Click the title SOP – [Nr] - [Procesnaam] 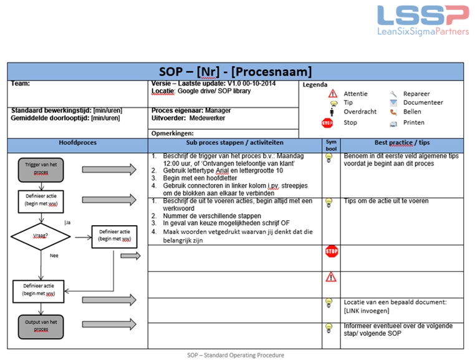click(236, 71)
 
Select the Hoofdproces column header click(77, 143)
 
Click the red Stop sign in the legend click(327, 123)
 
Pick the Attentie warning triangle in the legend click(333, 94)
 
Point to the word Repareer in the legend click(416, 94)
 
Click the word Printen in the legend click(414, 123)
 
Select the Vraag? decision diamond click(41, 236)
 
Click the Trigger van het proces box click(41, 168)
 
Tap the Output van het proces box click(41, 325)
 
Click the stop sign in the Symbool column click(331, 252)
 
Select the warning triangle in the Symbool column click(331, 277)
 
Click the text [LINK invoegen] click(367, 311)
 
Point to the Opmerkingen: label click(173, 133)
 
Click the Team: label click(21, 84)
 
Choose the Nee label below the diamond click(54, 255)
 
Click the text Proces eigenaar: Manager click(191, 110)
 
